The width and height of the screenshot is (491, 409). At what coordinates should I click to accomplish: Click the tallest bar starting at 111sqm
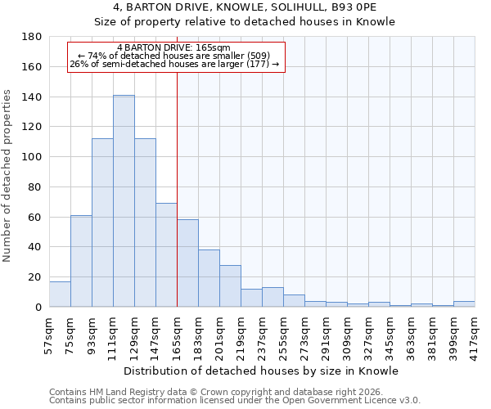[x=124, y=201]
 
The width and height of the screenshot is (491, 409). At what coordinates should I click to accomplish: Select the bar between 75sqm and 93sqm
[x=81, y=261]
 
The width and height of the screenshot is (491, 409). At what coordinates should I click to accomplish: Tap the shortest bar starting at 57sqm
[x=60, y=294]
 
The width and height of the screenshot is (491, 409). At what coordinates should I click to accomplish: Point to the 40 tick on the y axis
[x=35, y=247]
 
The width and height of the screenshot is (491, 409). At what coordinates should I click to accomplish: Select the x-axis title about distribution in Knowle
[x=262, y=371]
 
